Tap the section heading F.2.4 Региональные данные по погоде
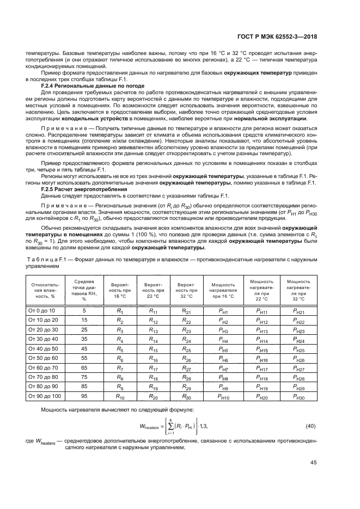point(93,86)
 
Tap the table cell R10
point(120,397)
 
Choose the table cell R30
point(186,397)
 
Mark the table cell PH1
point(223,310)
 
